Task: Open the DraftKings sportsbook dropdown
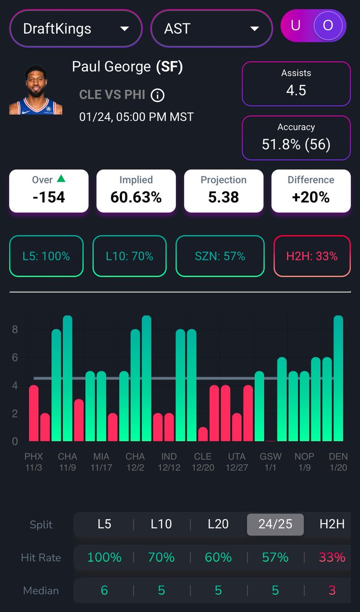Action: click(75, 28)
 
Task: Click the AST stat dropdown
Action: click(212, 28)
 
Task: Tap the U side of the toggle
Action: click(296, 26)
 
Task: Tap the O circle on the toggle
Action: click(328, 26)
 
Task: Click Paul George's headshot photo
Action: click(36, 90)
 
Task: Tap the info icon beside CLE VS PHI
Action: click(158, 95)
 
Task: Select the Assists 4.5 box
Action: click(296, 84)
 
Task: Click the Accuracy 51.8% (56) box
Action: click(296, 138)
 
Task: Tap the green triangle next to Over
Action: click(61, 179)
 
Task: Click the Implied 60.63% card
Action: click(136, 191)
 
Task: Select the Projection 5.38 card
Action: click(223, 191)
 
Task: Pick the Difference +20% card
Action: click(311, 191)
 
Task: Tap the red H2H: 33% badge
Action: click(312, 256)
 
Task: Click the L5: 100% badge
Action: click(46, 256)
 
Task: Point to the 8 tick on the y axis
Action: click(15, 330)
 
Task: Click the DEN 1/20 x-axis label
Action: click(338, 462)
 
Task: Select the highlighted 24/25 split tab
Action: click(275, 524)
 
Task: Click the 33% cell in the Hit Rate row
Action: click(332, 557)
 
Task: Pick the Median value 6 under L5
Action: click(105, 591)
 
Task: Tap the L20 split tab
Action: click(218, 524)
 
